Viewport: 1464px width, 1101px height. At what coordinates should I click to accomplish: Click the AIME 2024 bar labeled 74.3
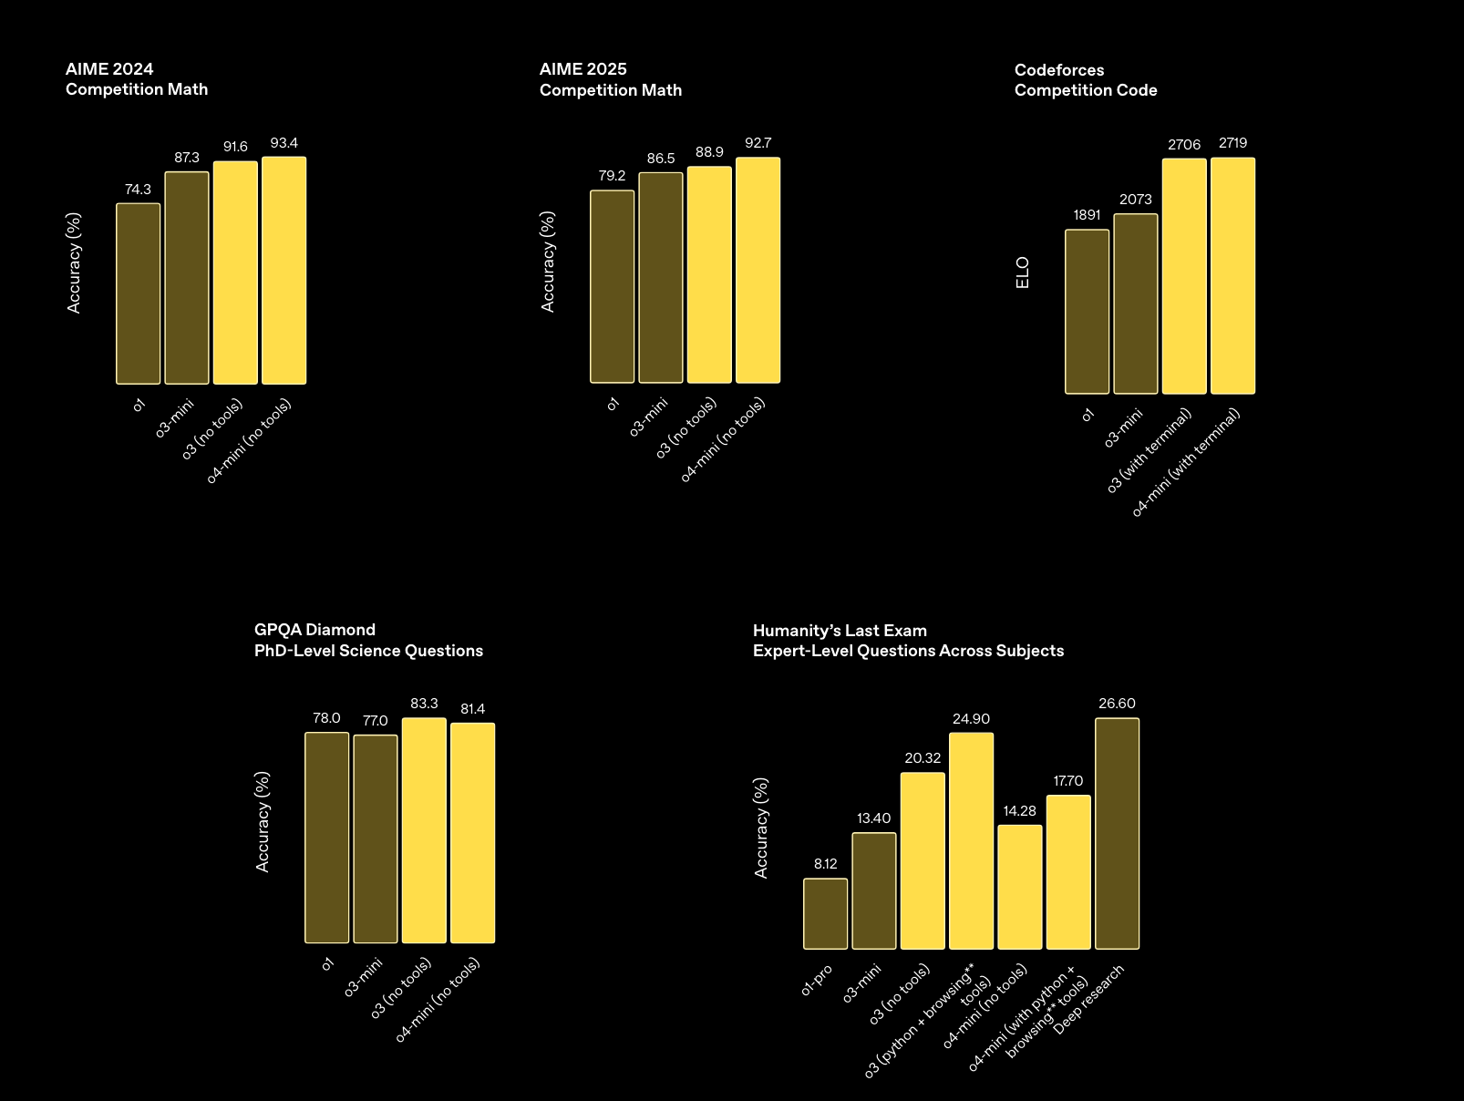tap(139, 293)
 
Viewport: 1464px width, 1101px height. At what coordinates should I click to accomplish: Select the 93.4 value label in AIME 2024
tap(284, 143)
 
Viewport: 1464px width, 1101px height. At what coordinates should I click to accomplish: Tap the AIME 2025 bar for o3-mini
tap(661, 278)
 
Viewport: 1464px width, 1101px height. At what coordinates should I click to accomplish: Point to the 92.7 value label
tap(758, 143)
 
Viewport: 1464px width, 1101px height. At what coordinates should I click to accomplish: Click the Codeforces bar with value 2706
tap(1184, 276)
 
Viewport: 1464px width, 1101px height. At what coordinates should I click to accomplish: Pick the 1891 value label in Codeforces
tap(1088, 215)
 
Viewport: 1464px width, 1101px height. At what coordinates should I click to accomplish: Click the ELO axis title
tap(1023, 273)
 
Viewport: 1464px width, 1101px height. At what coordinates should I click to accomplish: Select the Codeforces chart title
tap(1086, 80)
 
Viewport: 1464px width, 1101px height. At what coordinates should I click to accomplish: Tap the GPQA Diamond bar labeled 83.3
tap(424, 830)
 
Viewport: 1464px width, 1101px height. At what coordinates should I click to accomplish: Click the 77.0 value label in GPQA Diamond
tap(376, 721)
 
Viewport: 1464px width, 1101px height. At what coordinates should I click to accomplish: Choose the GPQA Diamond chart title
tap(368, 640)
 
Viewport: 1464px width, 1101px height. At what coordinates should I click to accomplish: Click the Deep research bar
tap(1118, 834)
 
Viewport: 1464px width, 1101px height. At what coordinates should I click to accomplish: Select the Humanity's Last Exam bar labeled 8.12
tap(826, 914)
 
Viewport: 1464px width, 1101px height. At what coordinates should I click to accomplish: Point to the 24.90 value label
tap(972, 719)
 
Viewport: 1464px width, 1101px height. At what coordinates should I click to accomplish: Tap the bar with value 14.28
tap(1020, 887)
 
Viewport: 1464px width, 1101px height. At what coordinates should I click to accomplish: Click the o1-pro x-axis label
tap(817, 981)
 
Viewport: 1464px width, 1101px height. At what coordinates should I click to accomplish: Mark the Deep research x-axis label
tap(1089, 1000)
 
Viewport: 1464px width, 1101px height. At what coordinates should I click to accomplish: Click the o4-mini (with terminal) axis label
tap(1186, 463)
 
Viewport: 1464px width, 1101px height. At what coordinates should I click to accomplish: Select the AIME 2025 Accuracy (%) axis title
tap(548, 262)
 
